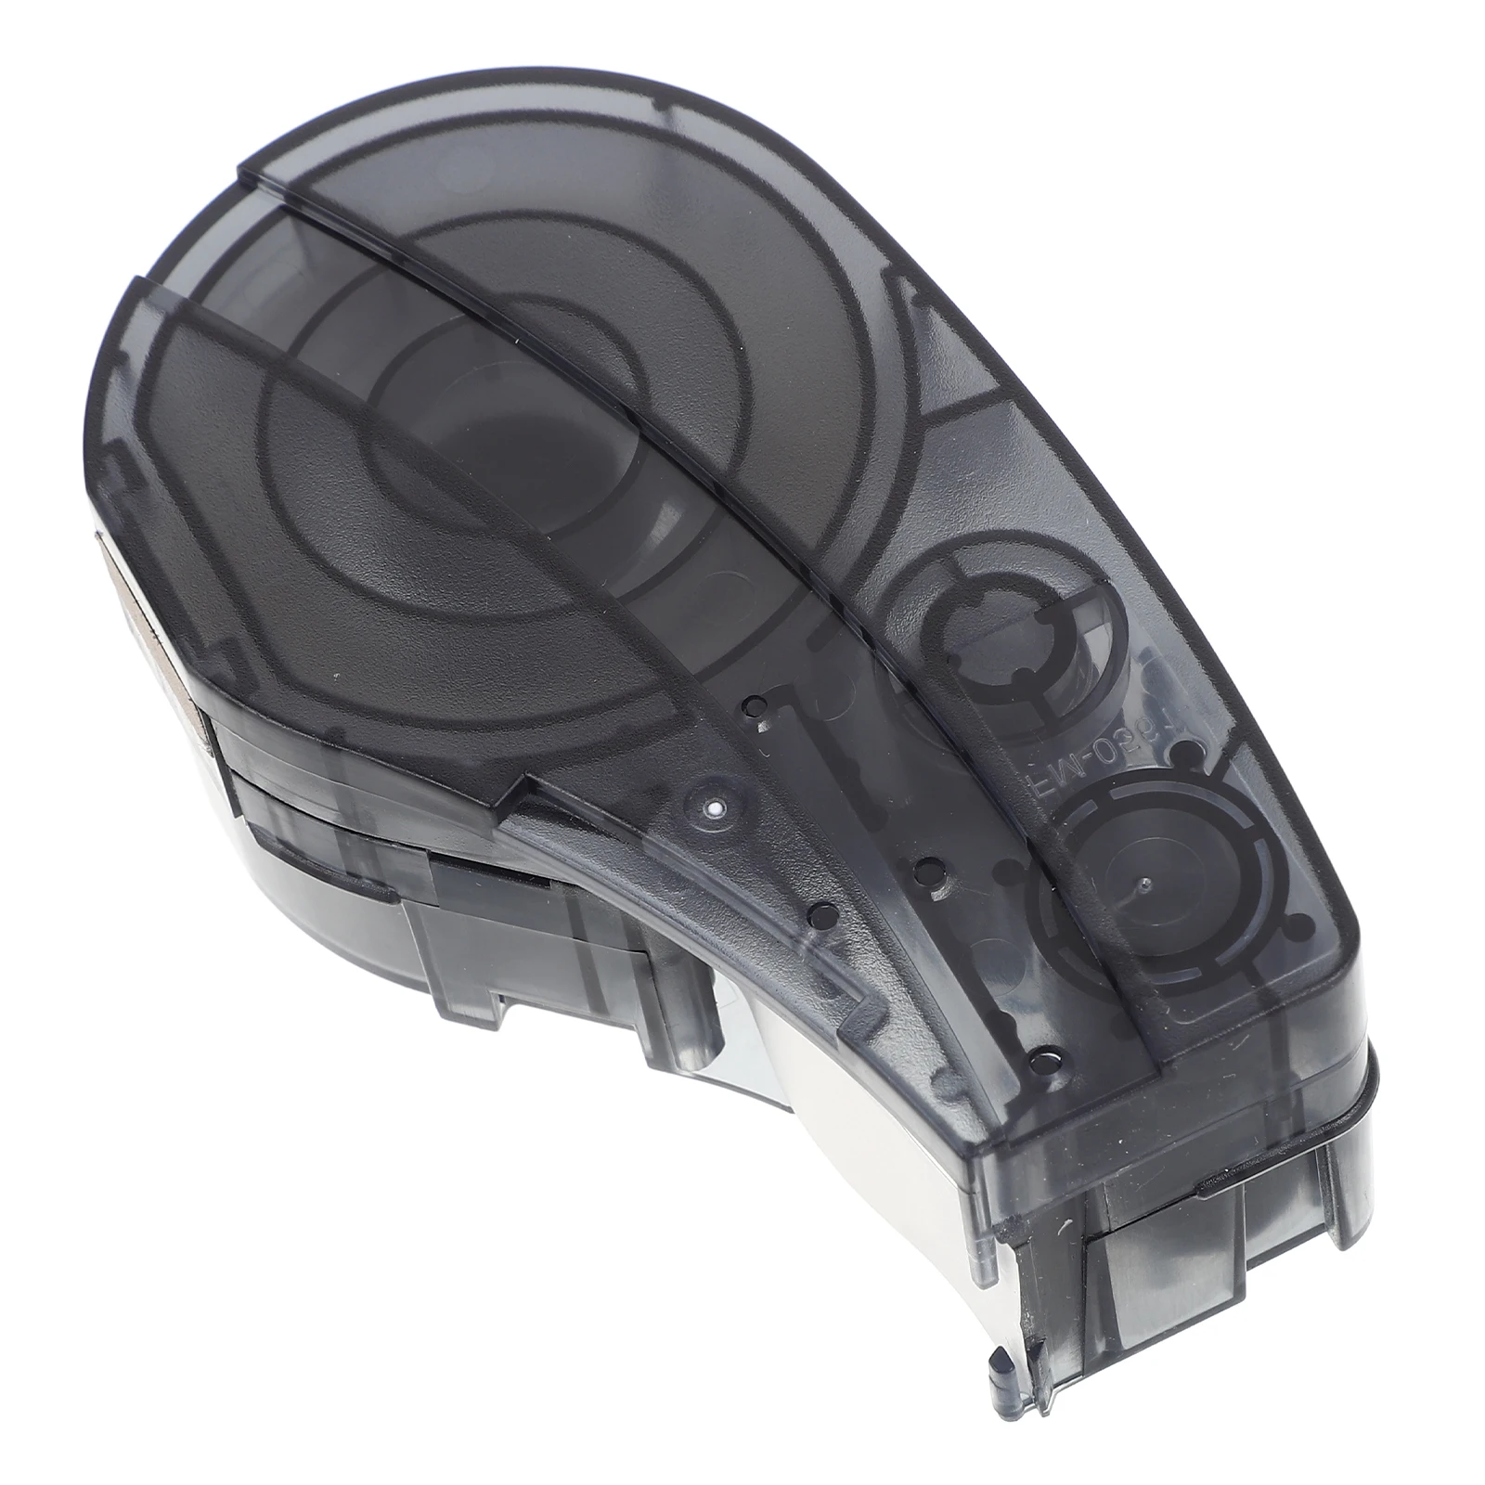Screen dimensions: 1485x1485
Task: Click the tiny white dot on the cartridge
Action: [x=713, y=810]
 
